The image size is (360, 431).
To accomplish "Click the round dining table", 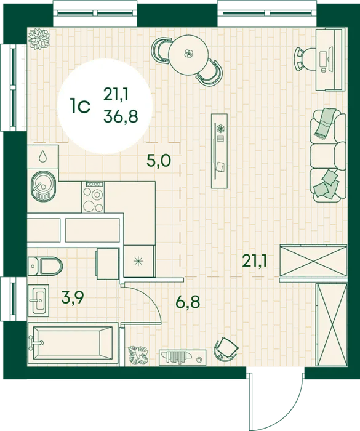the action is coord(188,55).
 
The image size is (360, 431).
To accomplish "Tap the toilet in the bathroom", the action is coord(46,266).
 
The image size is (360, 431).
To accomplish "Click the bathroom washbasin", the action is coord(39,300).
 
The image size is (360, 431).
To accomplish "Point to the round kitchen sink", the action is coord(44,187).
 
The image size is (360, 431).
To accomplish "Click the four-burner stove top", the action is coord(93,197).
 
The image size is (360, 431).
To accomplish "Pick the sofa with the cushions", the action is coord(328,155).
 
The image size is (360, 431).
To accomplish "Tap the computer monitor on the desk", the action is coord(330,58).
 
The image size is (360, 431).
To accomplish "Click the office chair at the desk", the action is coord(305,59).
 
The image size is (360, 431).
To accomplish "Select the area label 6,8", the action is coord(188,302).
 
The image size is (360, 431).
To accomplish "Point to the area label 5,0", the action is coord(159,161).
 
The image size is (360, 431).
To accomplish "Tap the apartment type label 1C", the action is coord(80,106).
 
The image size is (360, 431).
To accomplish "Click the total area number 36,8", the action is coord(121,117).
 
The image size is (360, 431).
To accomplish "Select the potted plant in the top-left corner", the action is coord(39,39).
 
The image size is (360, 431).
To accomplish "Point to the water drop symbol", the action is coord(42,156).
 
